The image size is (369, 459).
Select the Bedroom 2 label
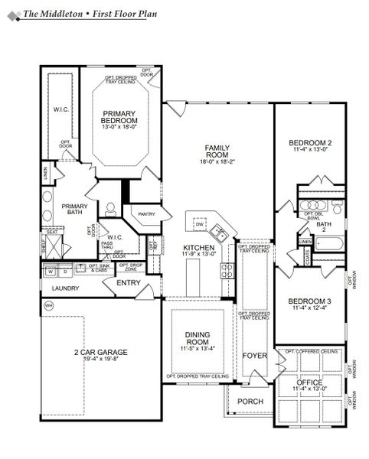click(x=310, y=143)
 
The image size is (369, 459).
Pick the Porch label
click(x=250, y=401)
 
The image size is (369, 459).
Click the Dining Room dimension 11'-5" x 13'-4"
click(x=196, y=349)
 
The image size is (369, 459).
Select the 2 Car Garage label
click(x=101, y=353)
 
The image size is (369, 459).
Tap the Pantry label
click(x=147, y=215)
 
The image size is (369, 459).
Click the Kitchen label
click(x=200, y=248)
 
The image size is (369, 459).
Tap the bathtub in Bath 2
click(x=330, y=246)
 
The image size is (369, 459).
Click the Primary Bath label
click(x=75, y=210)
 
